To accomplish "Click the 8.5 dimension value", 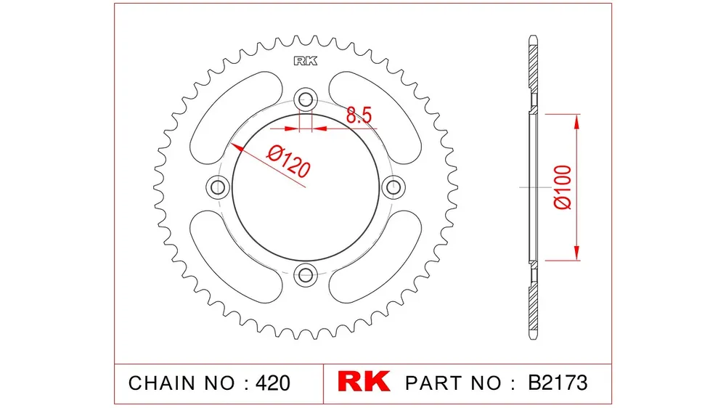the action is (x=359, y=115).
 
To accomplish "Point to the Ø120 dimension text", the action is (x=288, y=162).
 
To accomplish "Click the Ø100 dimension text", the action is (x=563, y=187).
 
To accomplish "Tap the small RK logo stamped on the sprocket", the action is (x=306, y=61).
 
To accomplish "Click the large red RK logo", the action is (x=364, y=382).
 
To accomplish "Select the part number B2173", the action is (x=558, y=383).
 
